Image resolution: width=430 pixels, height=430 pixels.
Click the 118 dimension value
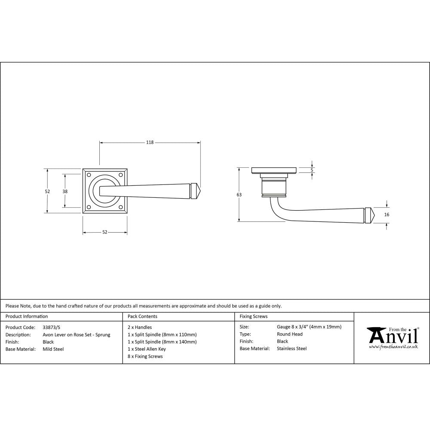pos(150,142)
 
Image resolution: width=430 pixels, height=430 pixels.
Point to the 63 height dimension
pos(239,195)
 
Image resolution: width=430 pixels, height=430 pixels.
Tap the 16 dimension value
pos(387,214)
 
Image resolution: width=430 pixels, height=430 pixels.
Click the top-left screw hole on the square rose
pos(89,175)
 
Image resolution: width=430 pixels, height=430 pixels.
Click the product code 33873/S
pos(52,327)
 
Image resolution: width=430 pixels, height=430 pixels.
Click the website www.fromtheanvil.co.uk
pos(393,346)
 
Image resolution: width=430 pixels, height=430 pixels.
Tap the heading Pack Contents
pos(142,316)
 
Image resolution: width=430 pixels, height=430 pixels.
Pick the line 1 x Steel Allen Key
pos(147,349)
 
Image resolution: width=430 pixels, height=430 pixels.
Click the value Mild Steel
pos(53,349)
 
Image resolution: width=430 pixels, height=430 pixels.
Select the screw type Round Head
pos(289,334)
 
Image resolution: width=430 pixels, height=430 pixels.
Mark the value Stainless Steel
pos(292,349)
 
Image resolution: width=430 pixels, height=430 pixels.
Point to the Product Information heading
pos(27,316)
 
